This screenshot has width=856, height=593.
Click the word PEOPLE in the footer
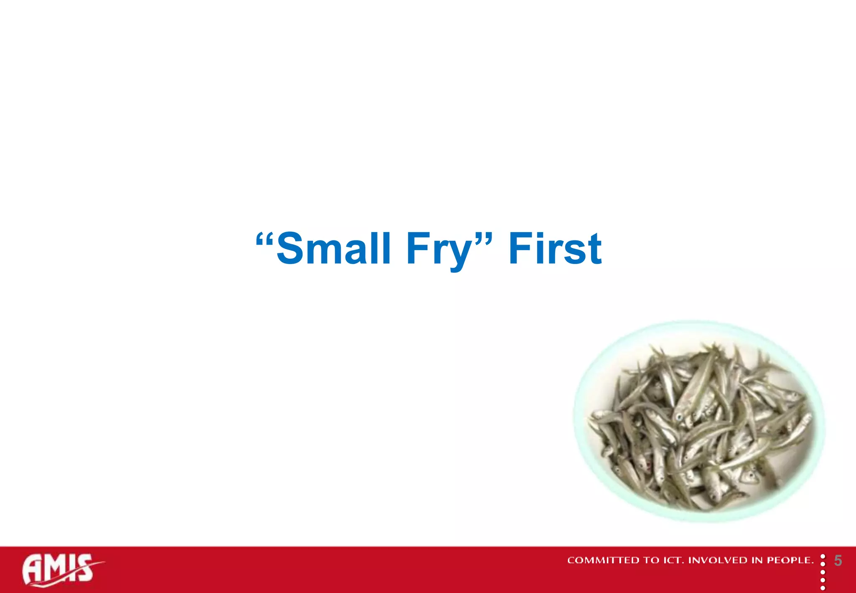click(x=790, y=560)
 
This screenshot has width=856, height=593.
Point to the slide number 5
click(x=838, y=561)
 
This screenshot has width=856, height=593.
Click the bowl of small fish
click(x=699, y=422)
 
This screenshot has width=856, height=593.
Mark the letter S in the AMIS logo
click(x=84, y=568)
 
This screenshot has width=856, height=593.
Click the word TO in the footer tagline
click(x=651, y=560)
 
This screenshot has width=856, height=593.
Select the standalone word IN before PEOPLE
click(x=757, y=560)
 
